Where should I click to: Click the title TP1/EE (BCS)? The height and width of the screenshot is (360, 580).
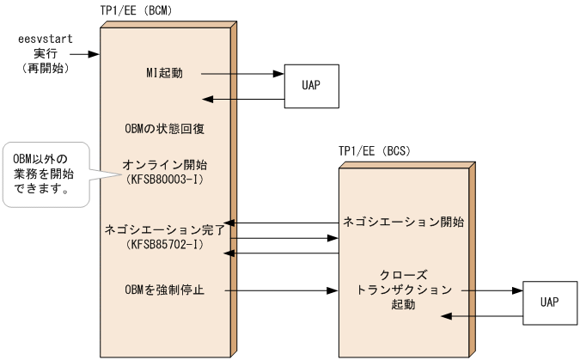[x=375, y=151]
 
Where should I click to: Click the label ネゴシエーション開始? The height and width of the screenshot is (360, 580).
[x=403, y=222]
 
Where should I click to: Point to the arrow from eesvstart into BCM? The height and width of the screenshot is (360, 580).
[x=87, y=55]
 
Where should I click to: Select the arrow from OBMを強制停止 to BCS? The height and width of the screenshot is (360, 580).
[x=283, y=290]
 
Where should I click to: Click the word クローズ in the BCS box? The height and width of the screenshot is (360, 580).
[x=402, y=273]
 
